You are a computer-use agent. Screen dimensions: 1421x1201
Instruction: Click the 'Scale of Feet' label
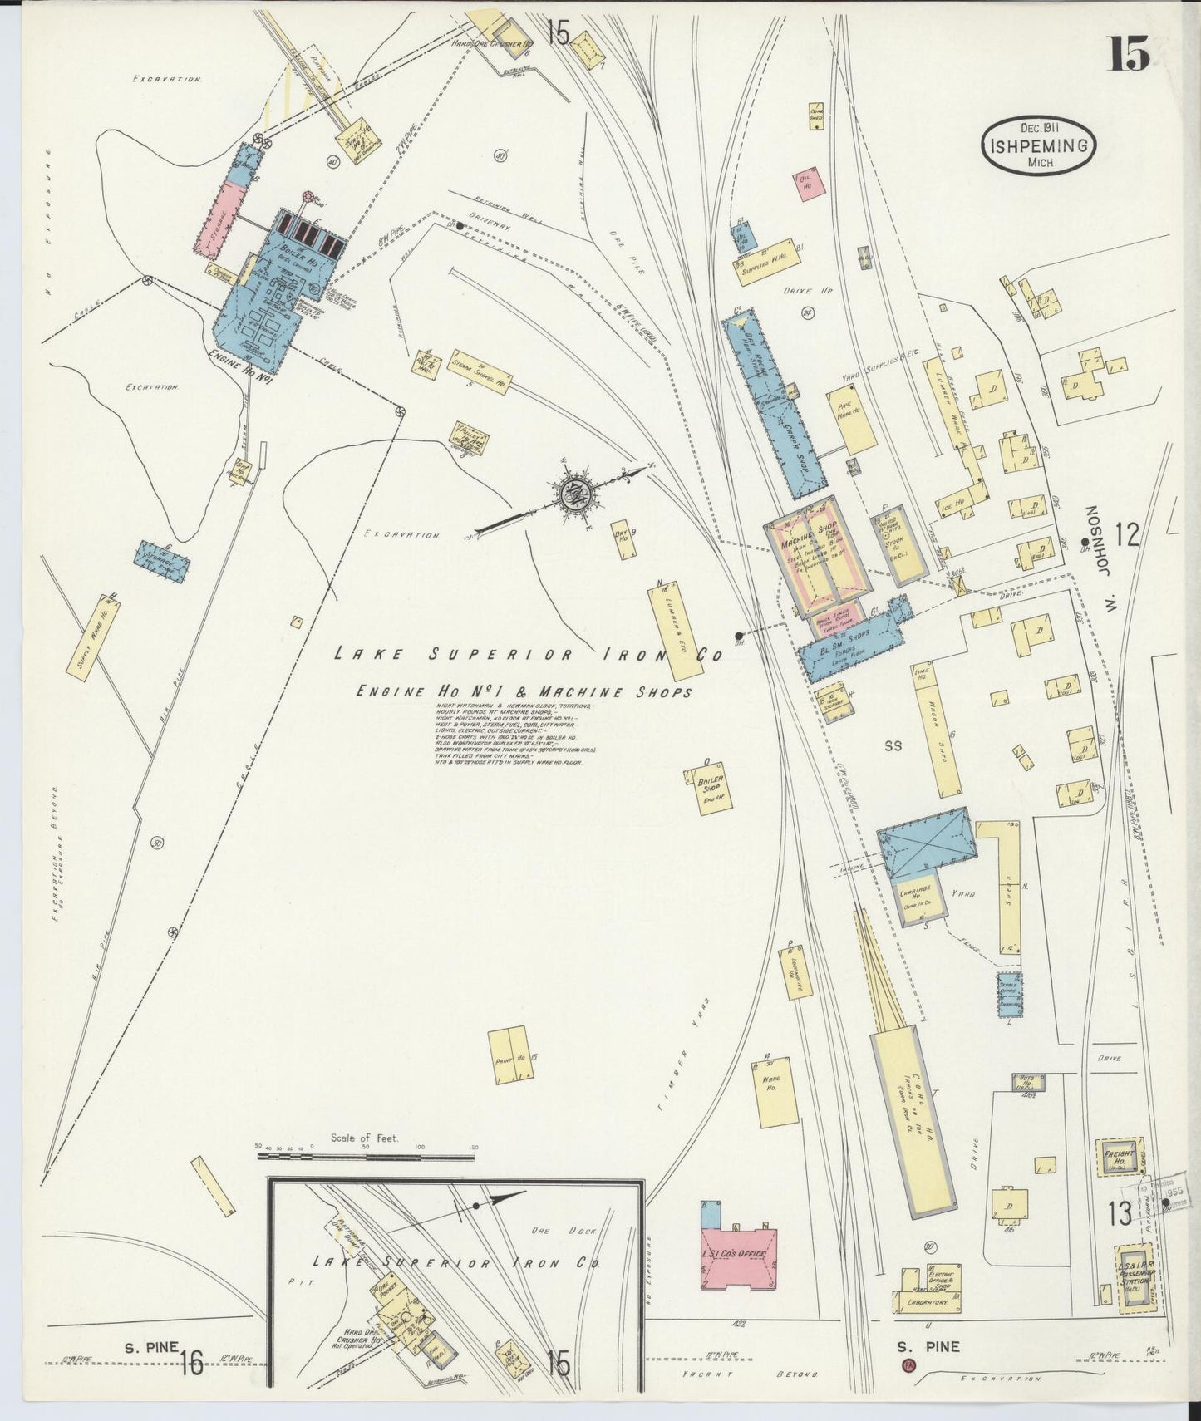[x=364, y=1138]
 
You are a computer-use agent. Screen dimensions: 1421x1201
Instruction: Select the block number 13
[x=1119, y=1214]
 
